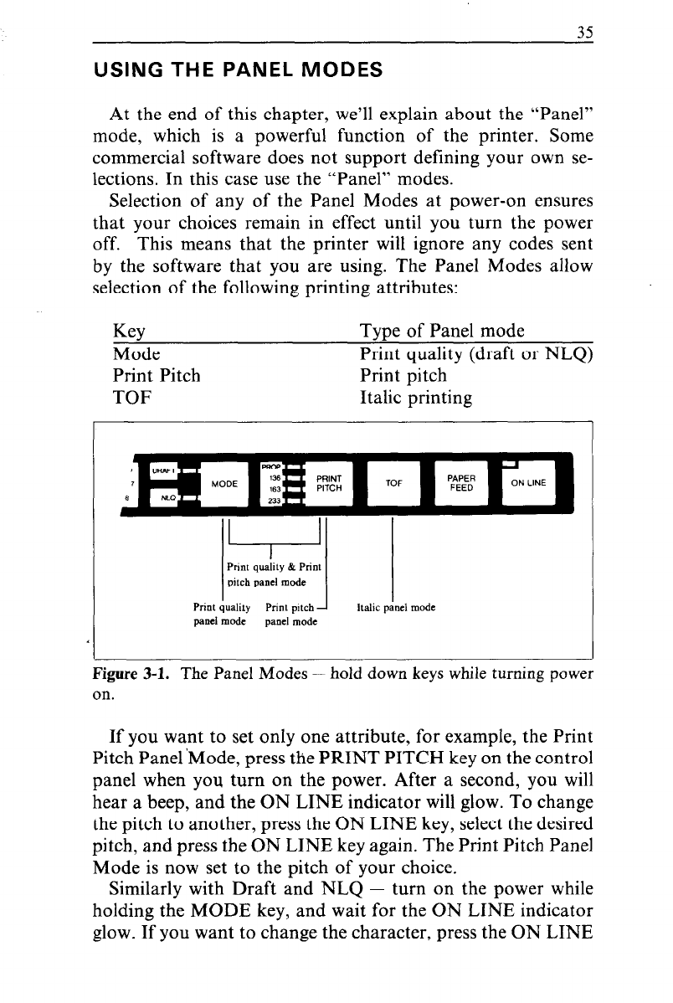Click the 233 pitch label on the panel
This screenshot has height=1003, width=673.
click(273, 501)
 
